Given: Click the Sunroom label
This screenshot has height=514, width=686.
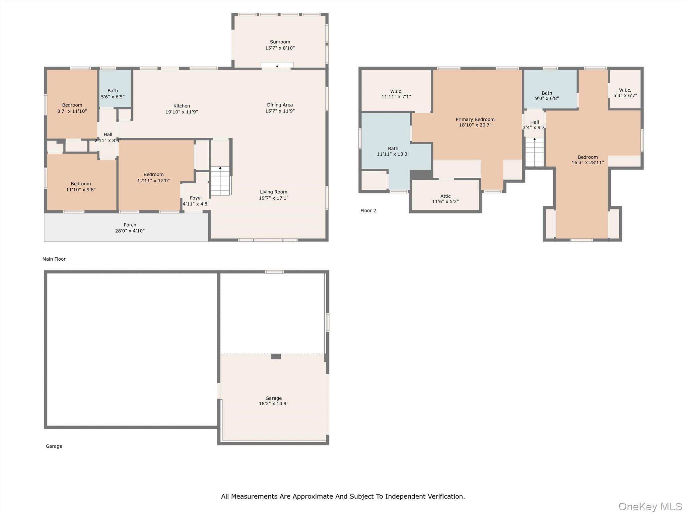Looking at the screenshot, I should [280, 42].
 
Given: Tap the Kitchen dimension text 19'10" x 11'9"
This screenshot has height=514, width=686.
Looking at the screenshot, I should [182, 112].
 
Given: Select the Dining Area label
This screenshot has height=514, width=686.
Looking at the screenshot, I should [280, 105].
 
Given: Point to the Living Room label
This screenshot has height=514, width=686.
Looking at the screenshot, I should [273, 192].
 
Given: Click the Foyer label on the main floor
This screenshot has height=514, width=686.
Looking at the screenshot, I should [196, 198].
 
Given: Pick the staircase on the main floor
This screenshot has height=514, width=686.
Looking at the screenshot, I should [220, 181].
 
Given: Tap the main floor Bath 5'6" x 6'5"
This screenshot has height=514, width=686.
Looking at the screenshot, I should [113, 93].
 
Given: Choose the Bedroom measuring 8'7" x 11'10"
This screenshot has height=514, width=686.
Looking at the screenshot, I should [72, 108].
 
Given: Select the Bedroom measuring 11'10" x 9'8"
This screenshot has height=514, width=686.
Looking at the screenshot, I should [81, 186].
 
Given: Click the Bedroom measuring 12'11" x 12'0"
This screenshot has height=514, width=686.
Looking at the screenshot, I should [153, 177].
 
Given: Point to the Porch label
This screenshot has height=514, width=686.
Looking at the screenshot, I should [130, 225].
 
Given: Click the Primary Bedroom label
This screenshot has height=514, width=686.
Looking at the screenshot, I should [475, 119].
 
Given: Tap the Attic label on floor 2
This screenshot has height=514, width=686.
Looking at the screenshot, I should [445, 196].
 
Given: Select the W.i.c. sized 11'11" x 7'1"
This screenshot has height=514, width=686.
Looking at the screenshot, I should [396, 94].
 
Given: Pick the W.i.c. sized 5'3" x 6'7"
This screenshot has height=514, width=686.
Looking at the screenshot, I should [625, 93].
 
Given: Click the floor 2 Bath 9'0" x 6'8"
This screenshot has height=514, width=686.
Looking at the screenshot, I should [547, 95].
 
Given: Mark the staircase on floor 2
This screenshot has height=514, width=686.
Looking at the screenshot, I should [534, 152].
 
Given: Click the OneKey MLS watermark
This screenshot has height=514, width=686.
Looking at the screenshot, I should [650, 506].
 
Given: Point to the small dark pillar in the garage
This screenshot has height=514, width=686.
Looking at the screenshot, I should [276, 356].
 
